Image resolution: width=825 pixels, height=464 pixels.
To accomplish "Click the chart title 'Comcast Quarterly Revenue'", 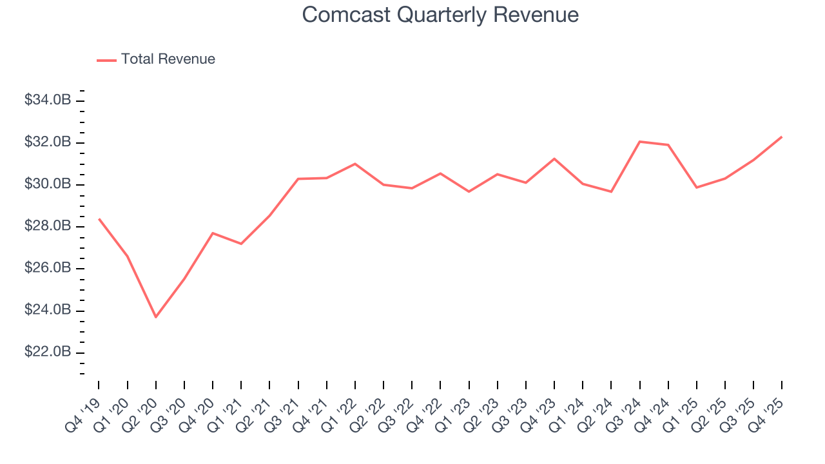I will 440,15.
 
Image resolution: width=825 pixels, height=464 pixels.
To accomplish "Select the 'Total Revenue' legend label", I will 168,59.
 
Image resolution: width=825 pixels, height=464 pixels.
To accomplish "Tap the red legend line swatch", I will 106,60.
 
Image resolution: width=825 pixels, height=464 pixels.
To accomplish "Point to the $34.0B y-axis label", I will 48,101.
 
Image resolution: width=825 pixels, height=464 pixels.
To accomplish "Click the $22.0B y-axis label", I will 48,353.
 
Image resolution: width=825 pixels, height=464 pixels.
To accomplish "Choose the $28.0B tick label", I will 48,226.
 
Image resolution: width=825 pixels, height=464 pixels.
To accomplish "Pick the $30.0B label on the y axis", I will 48,184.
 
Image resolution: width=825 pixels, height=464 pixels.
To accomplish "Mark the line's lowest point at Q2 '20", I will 155,317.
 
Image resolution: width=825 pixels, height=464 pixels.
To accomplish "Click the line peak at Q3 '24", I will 639,141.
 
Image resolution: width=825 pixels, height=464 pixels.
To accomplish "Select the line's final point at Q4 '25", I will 782,137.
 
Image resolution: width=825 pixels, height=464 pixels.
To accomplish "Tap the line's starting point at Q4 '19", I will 99,219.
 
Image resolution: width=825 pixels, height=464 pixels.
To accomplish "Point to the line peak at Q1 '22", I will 354,164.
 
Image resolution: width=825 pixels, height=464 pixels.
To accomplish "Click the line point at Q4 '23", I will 554,159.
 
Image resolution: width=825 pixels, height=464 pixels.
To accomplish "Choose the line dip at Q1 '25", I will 696,188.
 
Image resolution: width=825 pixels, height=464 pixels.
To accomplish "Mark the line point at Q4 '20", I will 213,233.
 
